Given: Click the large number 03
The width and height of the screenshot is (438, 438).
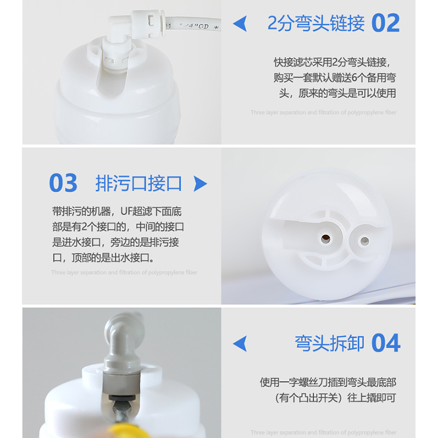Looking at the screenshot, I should [x=63, y=183].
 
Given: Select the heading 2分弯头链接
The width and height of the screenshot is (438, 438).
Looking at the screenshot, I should [x=316, y=24].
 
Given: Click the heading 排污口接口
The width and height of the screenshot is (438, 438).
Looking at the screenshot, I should [x=138, y=183].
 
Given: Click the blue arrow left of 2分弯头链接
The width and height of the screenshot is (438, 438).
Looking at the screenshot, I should [x=240, y=24].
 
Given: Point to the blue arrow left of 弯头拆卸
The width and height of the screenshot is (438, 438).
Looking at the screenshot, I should [x=240, y=344].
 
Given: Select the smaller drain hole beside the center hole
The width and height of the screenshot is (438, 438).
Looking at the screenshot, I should [x=362, y=239].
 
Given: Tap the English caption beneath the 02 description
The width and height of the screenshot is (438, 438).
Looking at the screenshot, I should [x=323, y=112].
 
